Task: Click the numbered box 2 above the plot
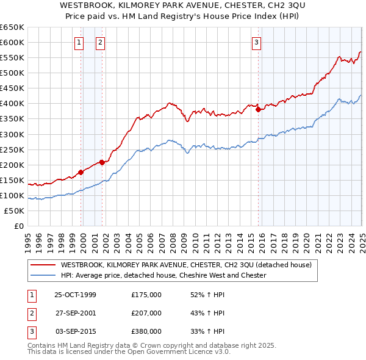pos(100,42)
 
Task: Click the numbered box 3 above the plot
pos(257,42)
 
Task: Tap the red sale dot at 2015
pos(258,110)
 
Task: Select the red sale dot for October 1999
pos(81,172)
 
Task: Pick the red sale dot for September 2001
pos(102,162)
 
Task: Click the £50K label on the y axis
pos(14,211)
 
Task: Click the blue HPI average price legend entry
pos(163,275)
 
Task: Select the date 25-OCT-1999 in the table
pos(75,295)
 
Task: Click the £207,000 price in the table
pos(146,313)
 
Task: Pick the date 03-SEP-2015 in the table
pos(75,331)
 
